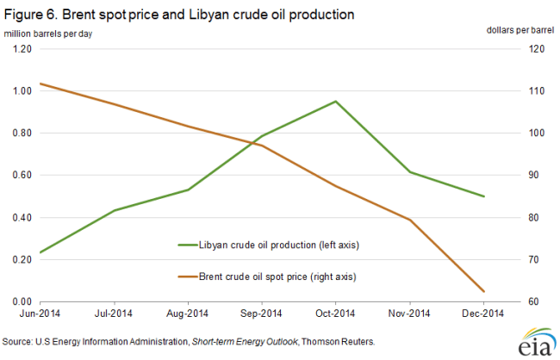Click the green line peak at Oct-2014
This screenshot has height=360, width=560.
(335, 101)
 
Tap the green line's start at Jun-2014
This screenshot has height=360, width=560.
(40, 252)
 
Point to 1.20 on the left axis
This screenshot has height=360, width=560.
(22, 49)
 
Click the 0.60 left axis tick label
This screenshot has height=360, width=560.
(22, 175)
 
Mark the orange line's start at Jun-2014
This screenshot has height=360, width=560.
(40, 84)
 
